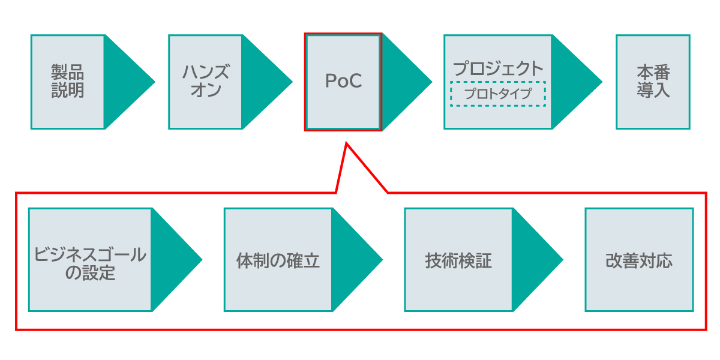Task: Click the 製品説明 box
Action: click(68, 82)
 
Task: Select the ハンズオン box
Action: click(205, 82)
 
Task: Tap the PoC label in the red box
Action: click(343, 82)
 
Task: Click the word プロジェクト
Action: click(497, 68)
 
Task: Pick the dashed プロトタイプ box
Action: click(497, 94)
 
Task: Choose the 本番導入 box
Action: click(653, 82)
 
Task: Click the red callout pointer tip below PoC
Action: click(347, 145)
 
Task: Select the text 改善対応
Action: click(639, 261)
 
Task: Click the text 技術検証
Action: click(458, 261)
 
